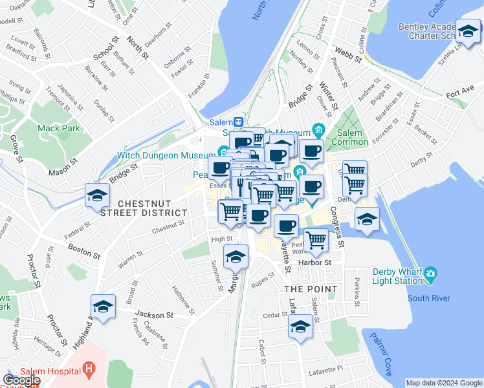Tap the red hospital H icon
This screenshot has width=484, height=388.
pos(89,371)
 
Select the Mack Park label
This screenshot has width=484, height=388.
pos(58,128)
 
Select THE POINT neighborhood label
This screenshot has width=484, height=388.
pos(311,288)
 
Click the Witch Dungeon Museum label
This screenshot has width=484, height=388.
pos(166,155)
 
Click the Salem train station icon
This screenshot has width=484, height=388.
pos(238,122)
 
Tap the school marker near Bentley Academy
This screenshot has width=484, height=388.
pos(468,30)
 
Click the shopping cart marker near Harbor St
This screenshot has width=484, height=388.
pos(316,239)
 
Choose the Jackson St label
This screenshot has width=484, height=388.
pos(159,315)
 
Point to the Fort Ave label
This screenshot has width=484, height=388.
pos(460,94)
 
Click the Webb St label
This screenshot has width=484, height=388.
pos(346,50)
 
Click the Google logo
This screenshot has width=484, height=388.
pos(21,380)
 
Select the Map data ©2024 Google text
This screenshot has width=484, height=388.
pos(444,383)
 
